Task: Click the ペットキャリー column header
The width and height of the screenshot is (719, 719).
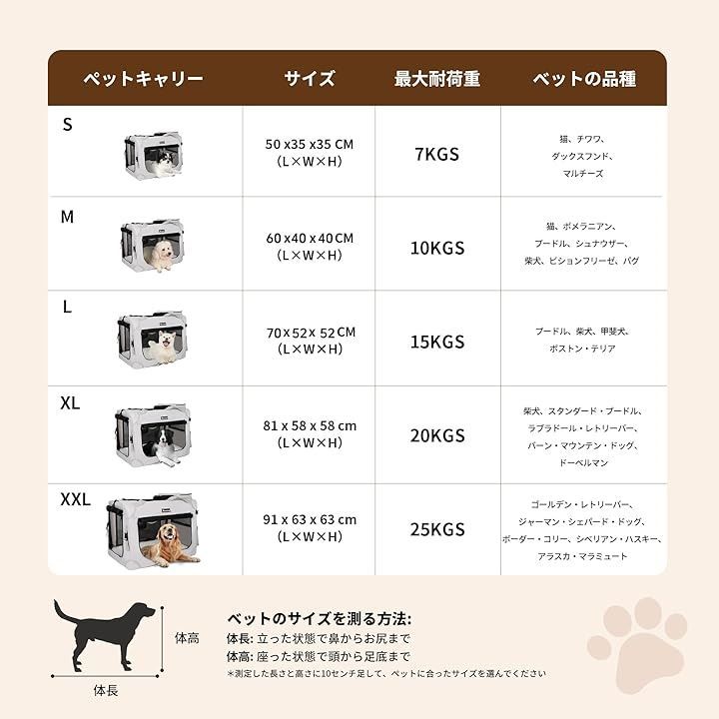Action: coord(143,79)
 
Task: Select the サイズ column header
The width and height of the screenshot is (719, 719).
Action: coord(309,79)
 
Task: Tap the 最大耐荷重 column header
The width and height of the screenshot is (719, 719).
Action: coord(437,79)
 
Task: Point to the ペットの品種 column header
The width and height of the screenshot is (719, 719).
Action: coord(584,79)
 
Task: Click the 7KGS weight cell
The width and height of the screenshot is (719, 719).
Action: coord(436,154)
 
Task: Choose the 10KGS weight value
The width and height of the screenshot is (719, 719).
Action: coord(436,248)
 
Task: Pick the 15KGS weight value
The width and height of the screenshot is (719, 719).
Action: coord(436,342)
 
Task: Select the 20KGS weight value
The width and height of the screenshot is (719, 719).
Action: coord(436,435)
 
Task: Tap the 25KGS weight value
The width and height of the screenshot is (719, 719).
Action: coord(436,528)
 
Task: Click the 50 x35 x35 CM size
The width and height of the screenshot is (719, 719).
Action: coord(310,144)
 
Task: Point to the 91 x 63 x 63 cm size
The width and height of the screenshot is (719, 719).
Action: coord(310,519)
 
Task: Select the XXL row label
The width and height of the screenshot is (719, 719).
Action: coord(76,498)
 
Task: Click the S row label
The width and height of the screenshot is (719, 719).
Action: coord(68,125)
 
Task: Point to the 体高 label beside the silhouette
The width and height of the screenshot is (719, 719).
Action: coord(186,636)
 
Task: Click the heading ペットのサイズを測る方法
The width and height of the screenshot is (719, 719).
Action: coord(319,618)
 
